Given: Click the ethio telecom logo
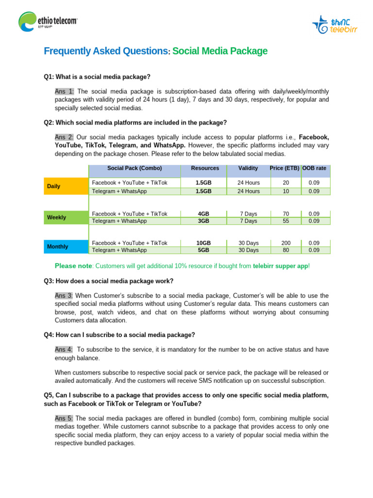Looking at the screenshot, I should pyautogui.click(x=48, y=22).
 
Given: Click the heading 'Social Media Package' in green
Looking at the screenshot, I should pyautogui.click(x=220, y=51).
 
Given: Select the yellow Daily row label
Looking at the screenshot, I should pyautogui.click(x=66, y=186).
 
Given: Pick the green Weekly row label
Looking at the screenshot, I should pyautogui.click(x=66, y=217).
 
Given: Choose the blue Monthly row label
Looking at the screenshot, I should pyautogui.click(x=66, y=247).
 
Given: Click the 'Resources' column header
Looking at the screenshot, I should pyautogui.click(x=205, y=168).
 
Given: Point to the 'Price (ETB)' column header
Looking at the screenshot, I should pyautogui.click(x=285, y=168).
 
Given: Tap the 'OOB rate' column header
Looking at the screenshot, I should pyautogui.click(x=315, y=168).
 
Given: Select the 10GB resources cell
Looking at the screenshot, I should pyautogui.click(x=203, y=243).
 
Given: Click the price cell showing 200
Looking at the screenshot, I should pyautogui.click(x=285, y=243).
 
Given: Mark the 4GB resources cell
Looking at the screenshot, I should pyautogui.click(x=203, y=213).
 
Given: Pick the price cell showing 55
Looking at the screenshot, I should pyautogui.click(x=285, y=221).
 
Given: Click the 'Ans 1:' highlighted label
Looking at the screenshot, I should pyautogui.click(x=65, y=91).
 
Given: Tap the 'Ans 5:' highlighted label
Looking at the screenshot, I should pyautogui.click(x=65, y=418).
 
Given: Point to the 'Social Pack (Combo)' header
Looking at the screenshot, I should pyautogui.click(x=135, y=168).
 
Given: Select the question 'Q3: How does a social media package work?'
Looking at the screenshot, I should pyautogui.click(x=108, y=281).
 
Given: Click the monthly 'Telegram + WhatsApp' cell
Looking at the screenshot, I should pyautogui.click(x=119, y=250).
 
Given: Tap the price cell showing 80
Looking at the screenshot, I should pyautogui.click(x=285, y=250).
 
